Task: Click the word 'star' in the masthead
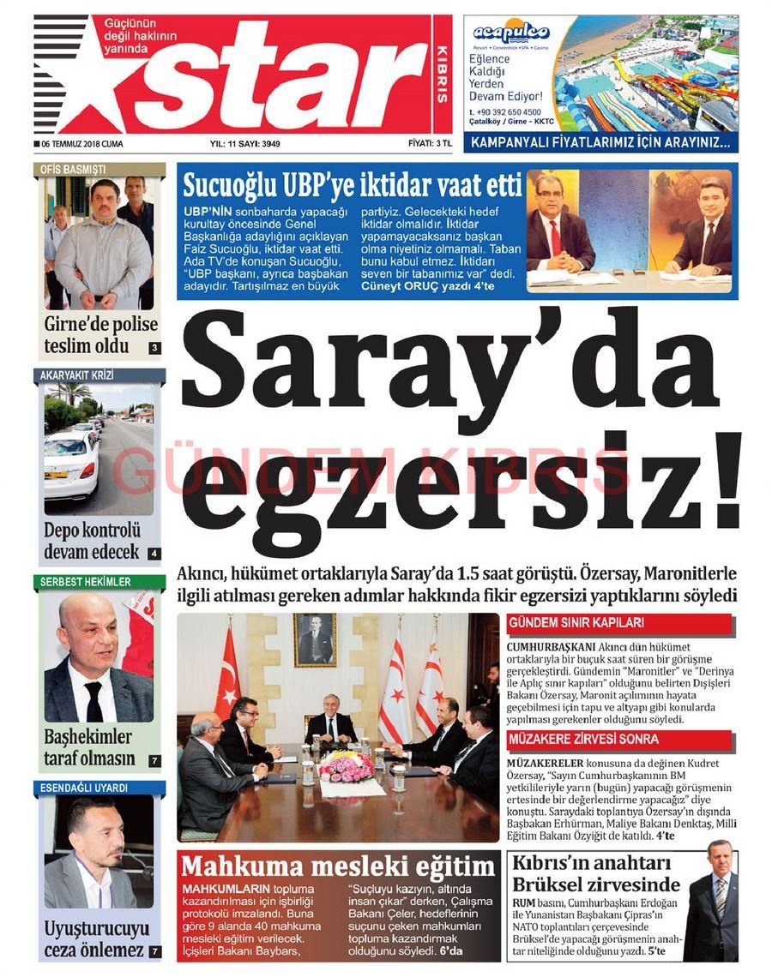[x=274, y=77]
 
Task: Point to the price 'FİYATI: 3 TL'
[x=430, y=144]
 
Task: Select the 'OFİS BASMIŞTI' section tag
[x=73, y=169]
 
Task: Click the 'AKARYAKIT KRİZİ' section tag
[x=77, y=375]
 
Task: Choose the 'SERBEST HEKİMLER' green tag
[x=86, y=582]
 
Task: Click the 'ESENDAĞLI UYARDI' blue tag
[x=84, y=787]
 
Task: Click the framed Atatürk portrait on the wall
[x=315, y=639]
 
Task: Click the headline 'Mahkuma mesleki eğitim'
[x=337, y=866]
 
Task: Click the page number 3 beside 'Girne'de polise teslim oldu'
[x=154, y=348]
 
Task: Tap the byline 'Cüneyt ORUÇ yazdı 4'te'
[x=425, y=285]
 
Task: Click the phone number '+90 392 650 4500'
[x=510, y=112]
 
